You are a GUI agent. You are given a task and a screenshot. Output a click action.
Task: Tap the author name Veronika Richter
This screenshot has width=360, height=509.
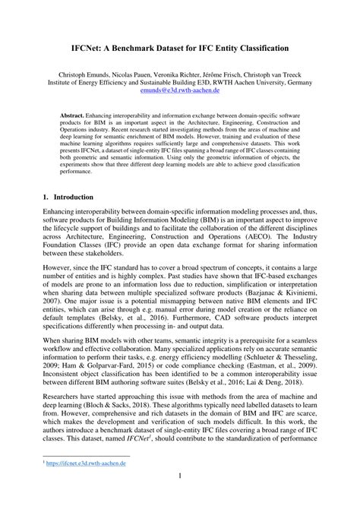click(182, 77)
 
